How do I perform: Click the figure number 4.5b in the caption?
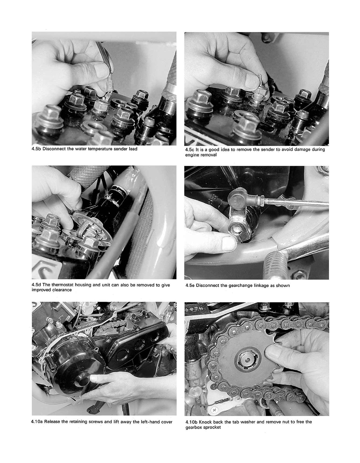(36, 149)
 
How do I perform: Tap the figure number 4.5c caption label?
(189, 149)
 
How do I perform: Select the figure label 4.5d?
(36, 285)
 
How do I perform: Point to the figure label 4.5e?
(190, 285)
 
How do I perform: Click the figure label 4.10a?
(37, 421)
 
